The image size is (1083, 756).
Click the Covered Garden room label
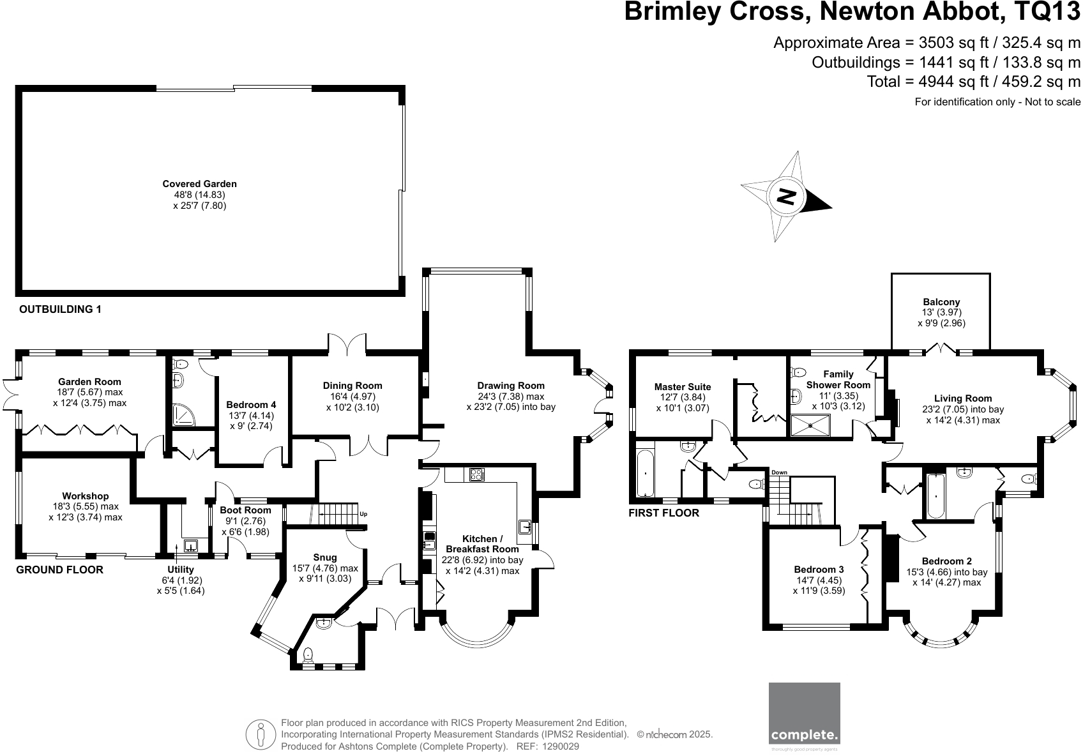point(199,184)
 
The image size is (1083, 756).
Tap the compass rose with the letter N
point(787,197)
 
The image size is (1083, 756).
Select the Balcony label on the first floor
point(941,302)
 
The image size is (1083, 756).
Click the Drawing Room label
point(511,386)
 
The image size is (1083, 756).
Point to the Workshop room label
point(86,496)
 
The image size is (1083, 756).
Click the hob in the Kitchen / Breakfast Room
point(477,474)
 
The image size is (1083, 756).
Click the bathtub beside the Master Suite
point(646,473)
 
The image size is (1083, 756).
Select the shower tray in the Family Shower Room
point(810,426)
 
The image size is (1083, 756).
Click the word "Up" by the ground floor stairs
point(364,515)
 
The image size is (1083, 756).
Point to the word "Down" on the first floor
point(779,472)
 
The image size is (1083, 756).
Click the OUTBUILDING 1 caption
point(60,310)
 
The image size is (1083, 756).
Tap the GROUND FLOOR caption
point(59,570)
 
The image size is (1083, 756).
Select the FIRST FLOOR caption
point(664,513)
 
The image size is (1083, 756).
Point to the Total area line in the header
point(973,82)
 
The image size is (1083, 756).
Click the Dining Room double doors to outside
point(347,345)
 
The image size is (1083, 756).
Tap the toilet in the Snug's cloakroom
point(308,654)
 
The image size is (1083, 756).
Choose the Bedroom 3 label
point(819,570)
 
